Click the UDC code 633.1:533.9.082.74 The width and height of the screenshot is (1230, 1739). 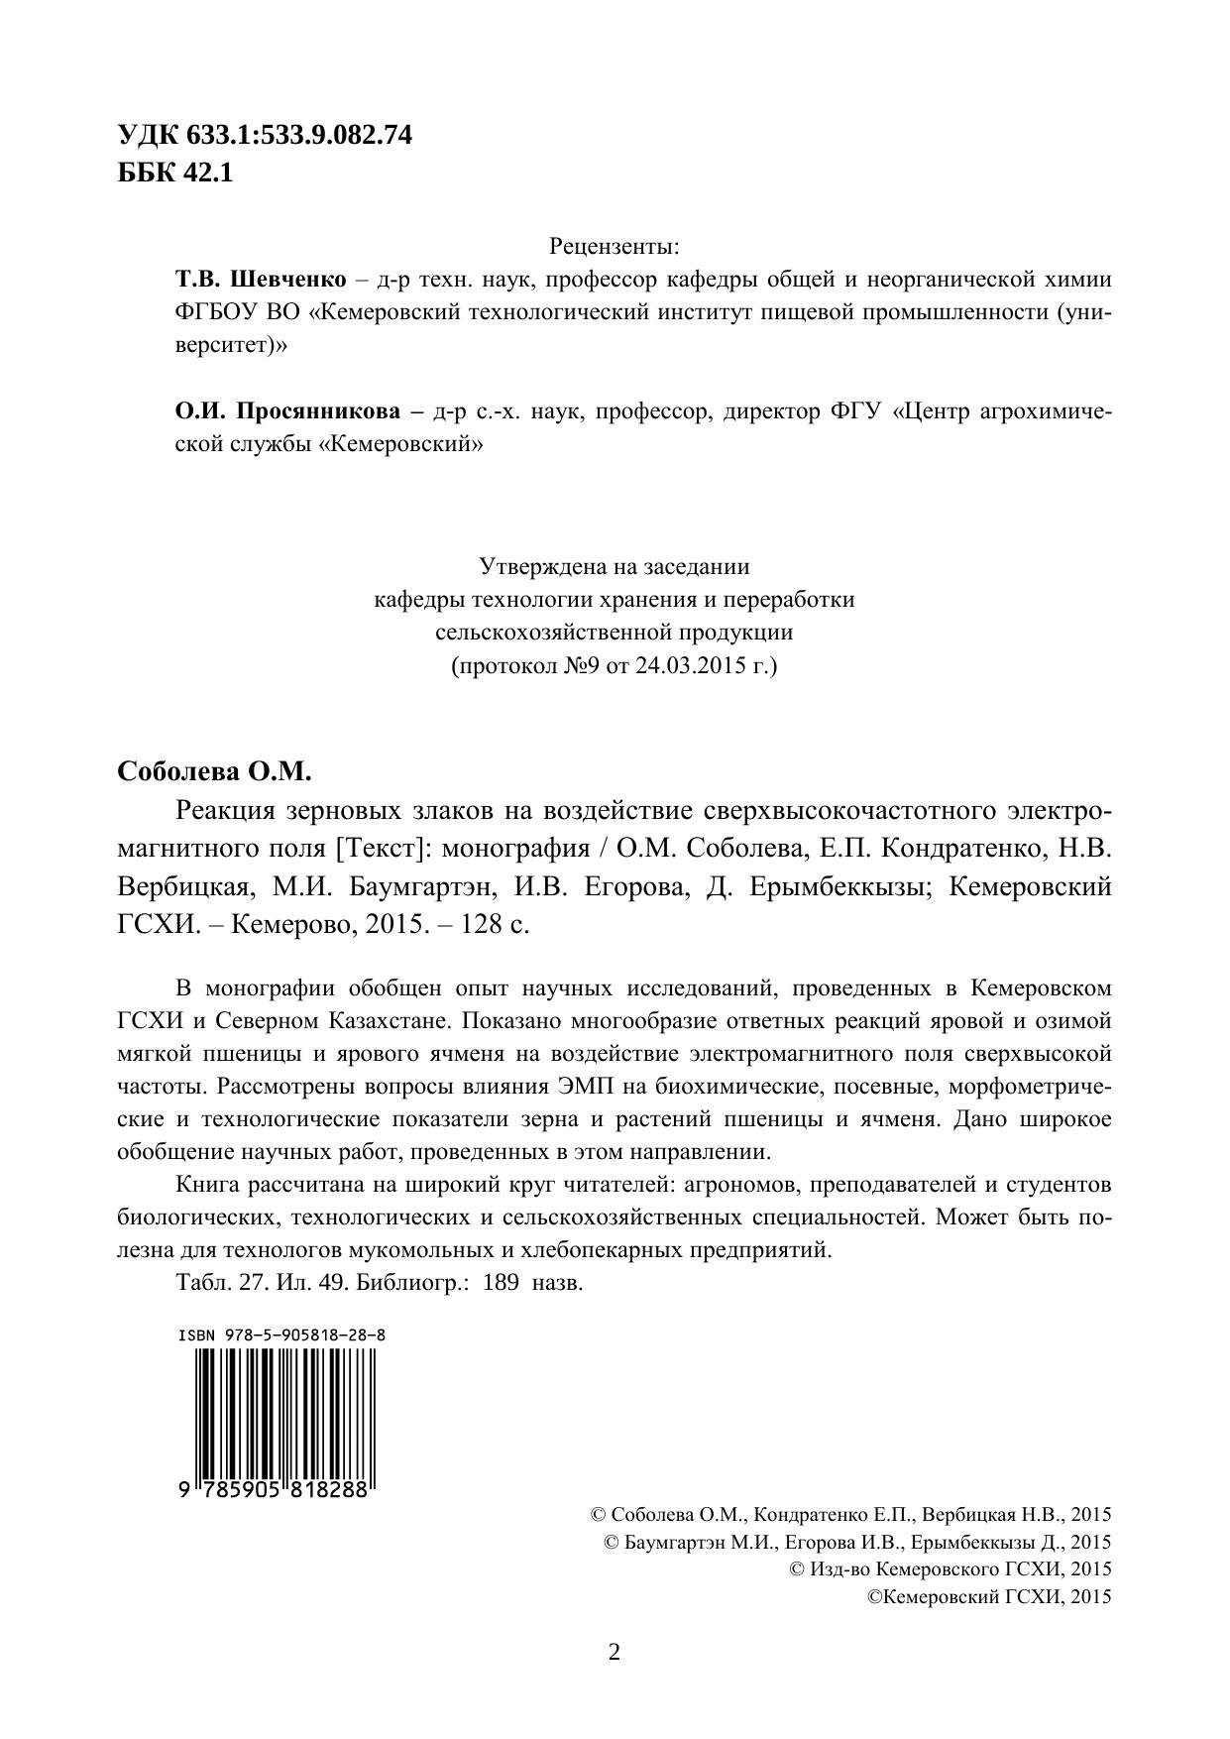point(297,136)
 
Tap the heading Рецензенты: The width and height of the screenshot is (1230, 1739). point(614,245)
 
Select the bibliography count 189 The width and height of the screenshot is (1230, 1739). point(501,1282)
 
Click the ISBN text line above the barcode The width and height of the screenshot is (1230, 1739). point(281,1334)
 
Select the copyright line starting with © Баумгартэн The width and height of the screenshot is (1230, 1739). point(856,1542)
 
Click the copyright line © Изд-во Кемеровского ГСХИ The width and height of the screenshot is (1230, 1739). point(950,1568)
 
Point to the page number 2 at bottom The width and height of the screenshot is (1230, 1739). point(614,1653)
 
